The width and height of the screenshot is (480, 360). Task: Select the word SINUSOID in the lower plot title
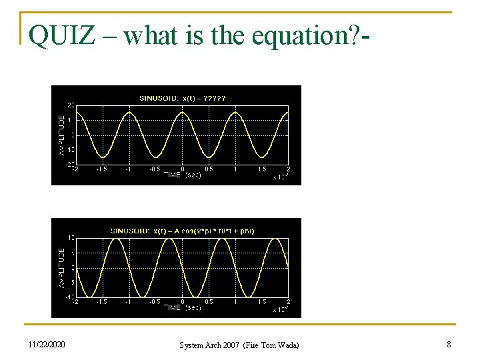pos(130,231)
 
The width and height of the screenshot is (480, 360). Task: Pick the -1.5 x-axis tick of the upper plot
pos(101,169)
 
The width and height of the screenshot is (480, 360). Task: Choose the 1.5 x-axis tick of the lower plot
pos(262,302)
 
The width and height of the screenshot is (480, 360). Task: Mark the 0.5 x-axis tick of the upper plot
pos(209,169)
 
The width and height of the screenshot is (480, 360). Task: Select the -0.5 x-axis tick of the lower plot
pos(155,302)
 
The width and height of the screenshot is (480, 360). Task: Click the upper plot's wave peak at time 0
pos(182,113)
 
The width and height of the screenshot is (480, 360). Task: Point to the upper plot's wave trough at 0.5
pos(208,157)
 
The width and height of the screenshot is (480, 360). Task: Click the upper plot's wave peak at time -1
pos(129,113)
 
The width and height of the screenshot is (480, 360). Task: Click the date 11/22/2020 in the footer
pos(47,345)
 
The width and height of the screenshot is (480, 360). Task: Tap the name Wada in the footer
pos(287,345)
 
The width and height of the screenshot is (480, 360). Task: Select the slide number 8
pos(449,345)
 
